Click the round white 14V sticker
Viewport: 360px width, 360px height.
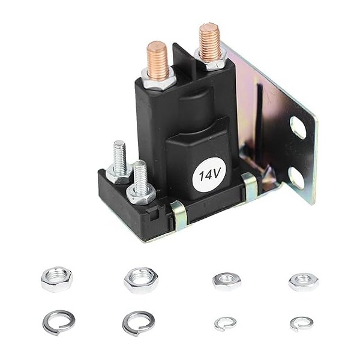(x=209, y=175)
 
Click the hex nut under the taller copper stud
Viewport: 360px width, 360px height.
(x=211, y=59)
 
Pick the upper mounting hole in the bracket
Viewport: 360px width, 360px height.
(x=298, y=127)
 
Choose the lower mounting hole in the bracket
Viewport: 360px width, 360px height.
(x=296, y=178)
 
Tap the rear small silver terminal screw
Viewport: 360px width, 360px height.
(x=119, y=157)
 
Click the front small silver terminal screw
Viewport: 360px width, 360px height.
(x=140, y=177)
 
